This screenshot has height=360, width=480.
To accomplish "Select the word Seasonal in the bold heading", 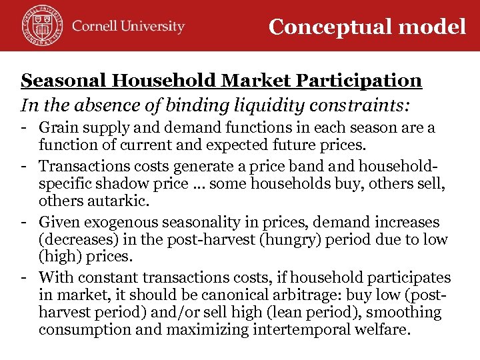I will tap(64, 81).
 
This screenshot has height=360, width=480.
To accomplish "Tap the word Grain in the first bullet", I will tap(58, 127).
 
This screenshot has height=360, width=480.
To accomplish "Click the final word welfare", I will tap(377, 329).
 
